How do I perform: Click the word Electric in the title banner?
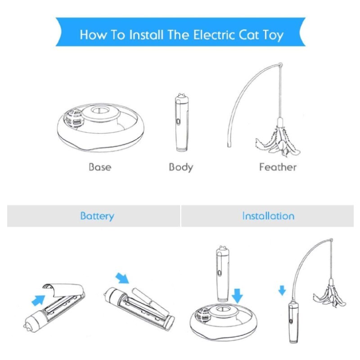tap(214, 35)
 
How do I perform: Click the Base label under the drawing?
tap(100, 167)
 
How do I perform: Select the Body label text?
tap(181, 167)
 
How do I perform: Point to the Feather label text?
tap(278, 167)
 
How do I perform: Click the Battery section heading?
tap(97, 216)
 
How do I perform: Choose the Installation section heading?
tap(268, 216)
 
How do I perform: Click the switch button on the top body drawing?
tap(179, 121)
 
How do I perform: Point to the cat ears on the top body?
tap(182, 95)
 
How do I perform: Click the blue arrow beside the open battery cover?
tap(38, 300)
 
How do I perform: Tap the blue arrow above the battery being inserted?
tap(122, 278)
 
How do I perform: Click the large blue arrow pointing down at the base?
tap(237, 296)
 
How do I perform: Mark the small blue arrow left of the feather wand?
tap(282, 290)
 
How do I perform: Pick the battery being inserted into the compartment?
tap(150, 301)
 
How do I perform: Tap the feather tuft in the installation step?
tap(330, 298)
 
